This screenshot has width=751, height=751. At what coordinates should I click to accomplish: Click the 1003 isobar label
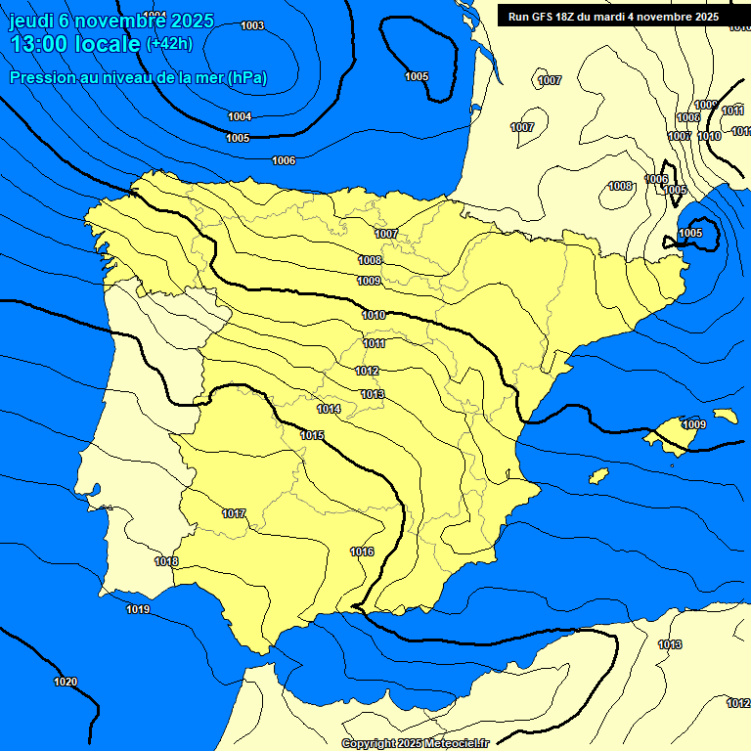pyautogui.click(x=252, y=25)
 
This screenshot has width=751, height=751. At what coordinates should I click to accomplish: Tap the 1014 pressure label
pyautogui.click(x=329, y=409)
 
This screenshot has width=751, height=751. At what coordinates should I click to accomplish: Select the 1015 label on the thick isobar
pyautogui.click(x=313, y=435)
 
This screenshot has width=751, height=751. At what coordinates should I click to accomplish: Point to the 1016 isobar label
pyautogui.click(x=362, y=552)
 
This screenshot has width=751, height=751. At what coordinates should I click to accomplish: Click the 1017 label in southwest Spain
pyautogui.click(x=234, y=513)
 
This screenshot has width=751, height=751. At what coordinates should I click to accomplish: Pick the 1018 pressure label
pyautogui.click(x=166, y=561)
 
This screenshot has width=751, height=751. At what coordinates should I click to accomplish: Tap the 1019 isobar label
pyautogui.click(x=138, y=610)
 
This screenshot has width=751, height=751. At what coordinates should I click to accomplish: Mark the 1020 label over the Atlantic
pyautogui.click(x=66, y=682)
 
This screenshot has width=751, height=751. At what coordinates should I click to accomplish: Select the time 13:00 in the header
pyautogui.click(x=38, y=44)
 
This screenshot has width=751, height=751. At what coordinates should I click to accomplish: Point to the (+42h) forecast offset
pyautogui.click(x=169, y=44)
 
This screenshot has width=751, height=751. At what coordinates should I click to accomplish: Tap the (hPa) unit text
pyautogui.click(x=247, y=77)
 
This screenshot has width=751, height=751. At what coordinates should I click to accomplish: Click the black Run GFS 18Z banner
pyautogui.click(x=613, y=16)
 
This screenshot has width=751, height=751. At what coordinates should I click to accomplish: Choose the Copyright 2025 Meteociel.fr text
pyautogui.click(x=415, y=743)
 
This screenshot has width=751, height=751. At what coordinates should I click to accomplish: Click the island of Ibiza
pyautogui.click(x=598, y=475)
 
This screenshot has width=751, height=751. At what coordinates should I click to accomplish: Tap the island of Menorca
pyautogui.click(x=725, y=416)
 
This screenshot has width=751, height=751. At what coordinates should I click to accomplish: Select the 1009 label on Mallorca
pyautogui.click(x=694, y=424)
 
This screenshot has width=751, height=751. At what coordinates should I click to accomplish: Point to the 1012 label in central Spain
pyautogui.click(x=368, y=372)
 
